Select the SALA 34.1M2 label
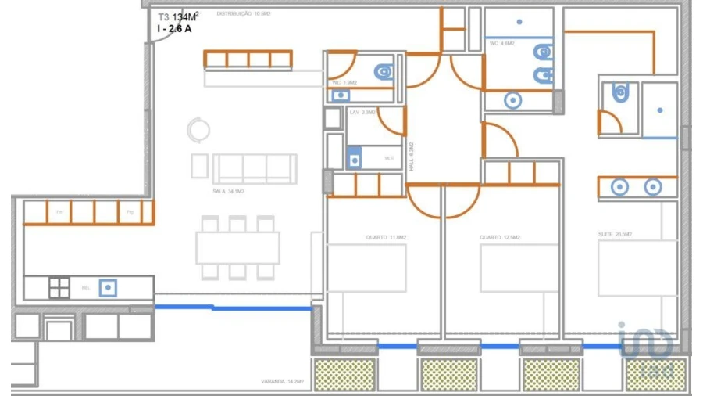coord(229,192)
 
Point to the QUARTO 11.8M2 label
coord(382,237)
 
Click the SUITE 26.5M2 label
coord(615,235)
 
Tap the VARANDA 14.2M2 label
coord(282,382)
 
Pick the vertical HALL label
coord(412,157)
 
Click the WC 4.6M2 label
coord(501,44)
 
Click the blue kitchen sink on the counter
coord(109,288)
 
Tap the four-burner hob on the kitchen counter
coord(59,288)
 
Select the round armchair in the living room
coord(198,129)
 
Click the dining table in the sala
coord(238,248)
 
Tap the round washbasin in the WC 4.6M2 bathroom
coord(512,100)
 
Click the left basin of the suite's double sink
coord(620,188)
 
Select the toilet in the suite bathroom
coord(620,94)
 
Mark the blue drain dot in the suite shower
coord(660,110)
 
